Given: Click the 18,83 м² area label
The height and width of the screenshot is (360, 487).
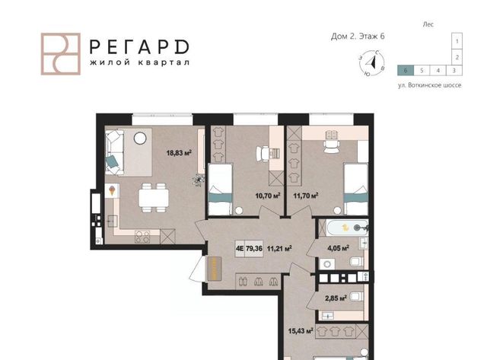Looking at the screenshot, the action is click(x=179, y=153).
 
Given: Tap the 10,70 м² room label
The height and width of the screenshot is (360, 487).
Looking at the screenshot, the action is click(x=268, y=196).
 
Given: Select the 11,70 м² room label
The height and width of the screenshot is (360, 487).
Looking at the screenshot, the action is click(x=306, y=196).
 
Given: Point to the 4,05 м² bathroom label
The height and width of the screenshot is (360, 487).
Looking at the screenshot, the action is click(x=338, y=248).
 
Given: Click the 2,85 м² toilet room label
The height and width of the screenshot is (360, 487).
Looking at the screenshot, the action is click(x=336, y=299).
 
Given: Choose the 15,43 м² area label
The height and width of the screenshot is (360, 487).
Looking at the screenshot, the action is click(x=301, y=331).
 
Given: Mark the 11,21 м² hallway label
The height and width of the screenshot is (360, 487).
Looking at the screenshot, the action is click(x=279, y=248).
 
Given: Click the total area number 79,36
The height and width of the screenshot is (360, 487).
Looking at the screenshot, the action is click(x=254, y=248).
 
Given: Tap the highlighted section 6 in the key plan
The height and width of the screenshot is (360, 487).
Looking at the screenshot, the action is click(x=406, y=71).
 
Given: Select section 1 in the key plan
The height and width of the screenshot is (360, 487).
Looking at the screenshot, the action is click(x=457, y=41).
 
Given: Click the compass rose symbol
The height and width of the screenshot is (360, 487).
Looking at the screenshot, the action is click(x=372, y=63).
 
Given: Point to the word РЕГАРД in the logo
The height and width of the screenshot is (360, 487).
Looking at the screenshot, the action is click(x=139, y=47).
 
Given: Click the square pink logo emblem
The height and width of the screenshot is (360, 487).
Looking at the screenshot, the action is click(x=61, y=54).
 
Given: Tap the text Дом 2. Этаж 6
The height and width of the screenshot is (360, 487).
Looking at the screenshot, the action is click(x=358, y=37).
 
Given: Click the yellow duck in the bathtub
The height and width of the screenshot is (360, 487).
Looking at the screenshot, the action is click(x=345, y=228).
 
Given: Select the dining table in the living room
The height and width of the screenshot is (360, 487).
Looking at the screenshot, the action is click(x=154, y=198).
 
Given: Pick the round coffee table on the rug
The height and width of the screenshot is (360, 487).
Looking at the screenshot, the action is click(x=140, y=138).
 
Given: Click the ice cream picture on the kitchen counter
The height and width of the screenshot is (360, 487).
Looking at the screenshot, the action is click(x=112, y=190).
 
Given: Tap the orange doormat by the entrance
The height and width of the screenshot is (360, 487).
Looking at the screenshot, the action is click(x=215, y=269).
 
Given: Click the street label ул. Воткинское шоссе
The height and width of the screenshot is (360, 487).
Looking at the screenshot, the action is click(x=429, y=85).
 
